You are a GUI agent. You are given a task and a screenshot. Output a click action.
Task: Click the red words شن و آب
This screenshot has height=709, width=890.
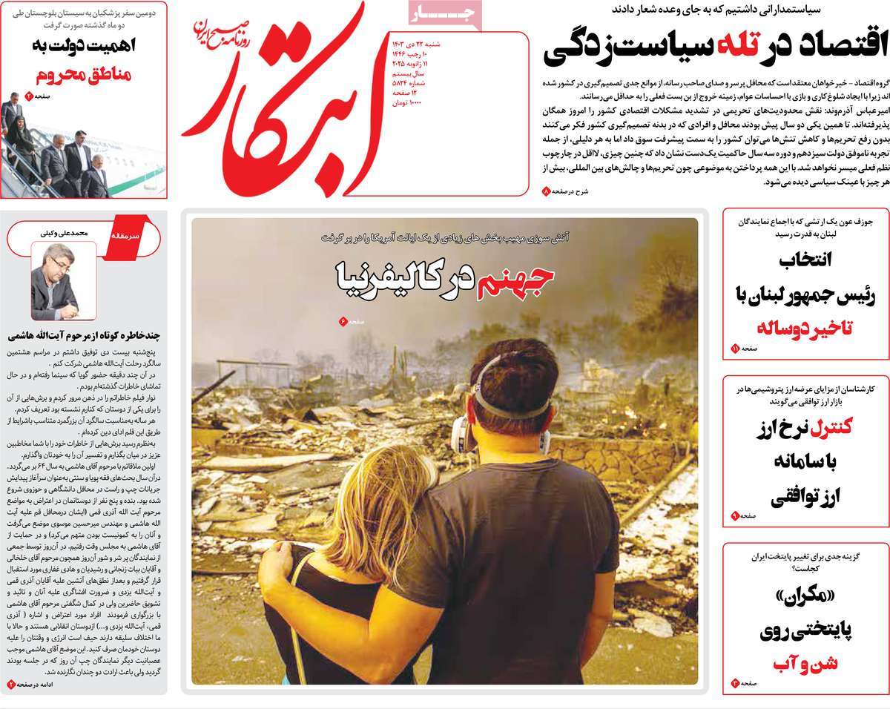click(x=806, y=663)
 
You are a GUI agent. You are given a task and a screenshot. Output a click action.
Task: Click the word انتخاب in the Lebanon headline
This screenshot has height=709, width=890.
click(x=805, y=259)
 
